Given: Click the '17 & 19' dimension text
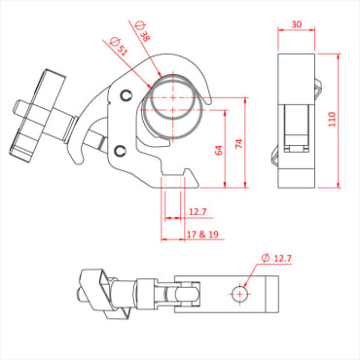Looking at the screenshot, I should [x=199, y=234].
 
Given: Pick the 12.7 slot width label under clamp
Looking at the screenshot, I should [x=198, y=211].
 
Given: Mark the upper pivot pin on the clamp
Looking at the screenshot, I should [x=127, y=94].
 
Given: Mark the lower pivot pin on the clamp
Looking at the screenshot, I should [x=120, y=150].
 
